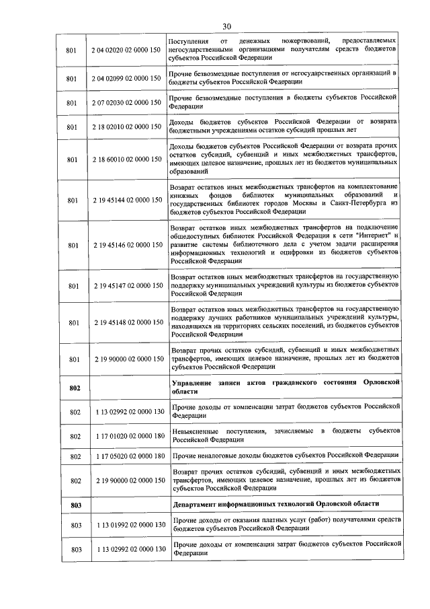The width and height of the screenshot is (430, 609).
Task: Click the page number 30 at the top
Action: click(226, 26)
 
